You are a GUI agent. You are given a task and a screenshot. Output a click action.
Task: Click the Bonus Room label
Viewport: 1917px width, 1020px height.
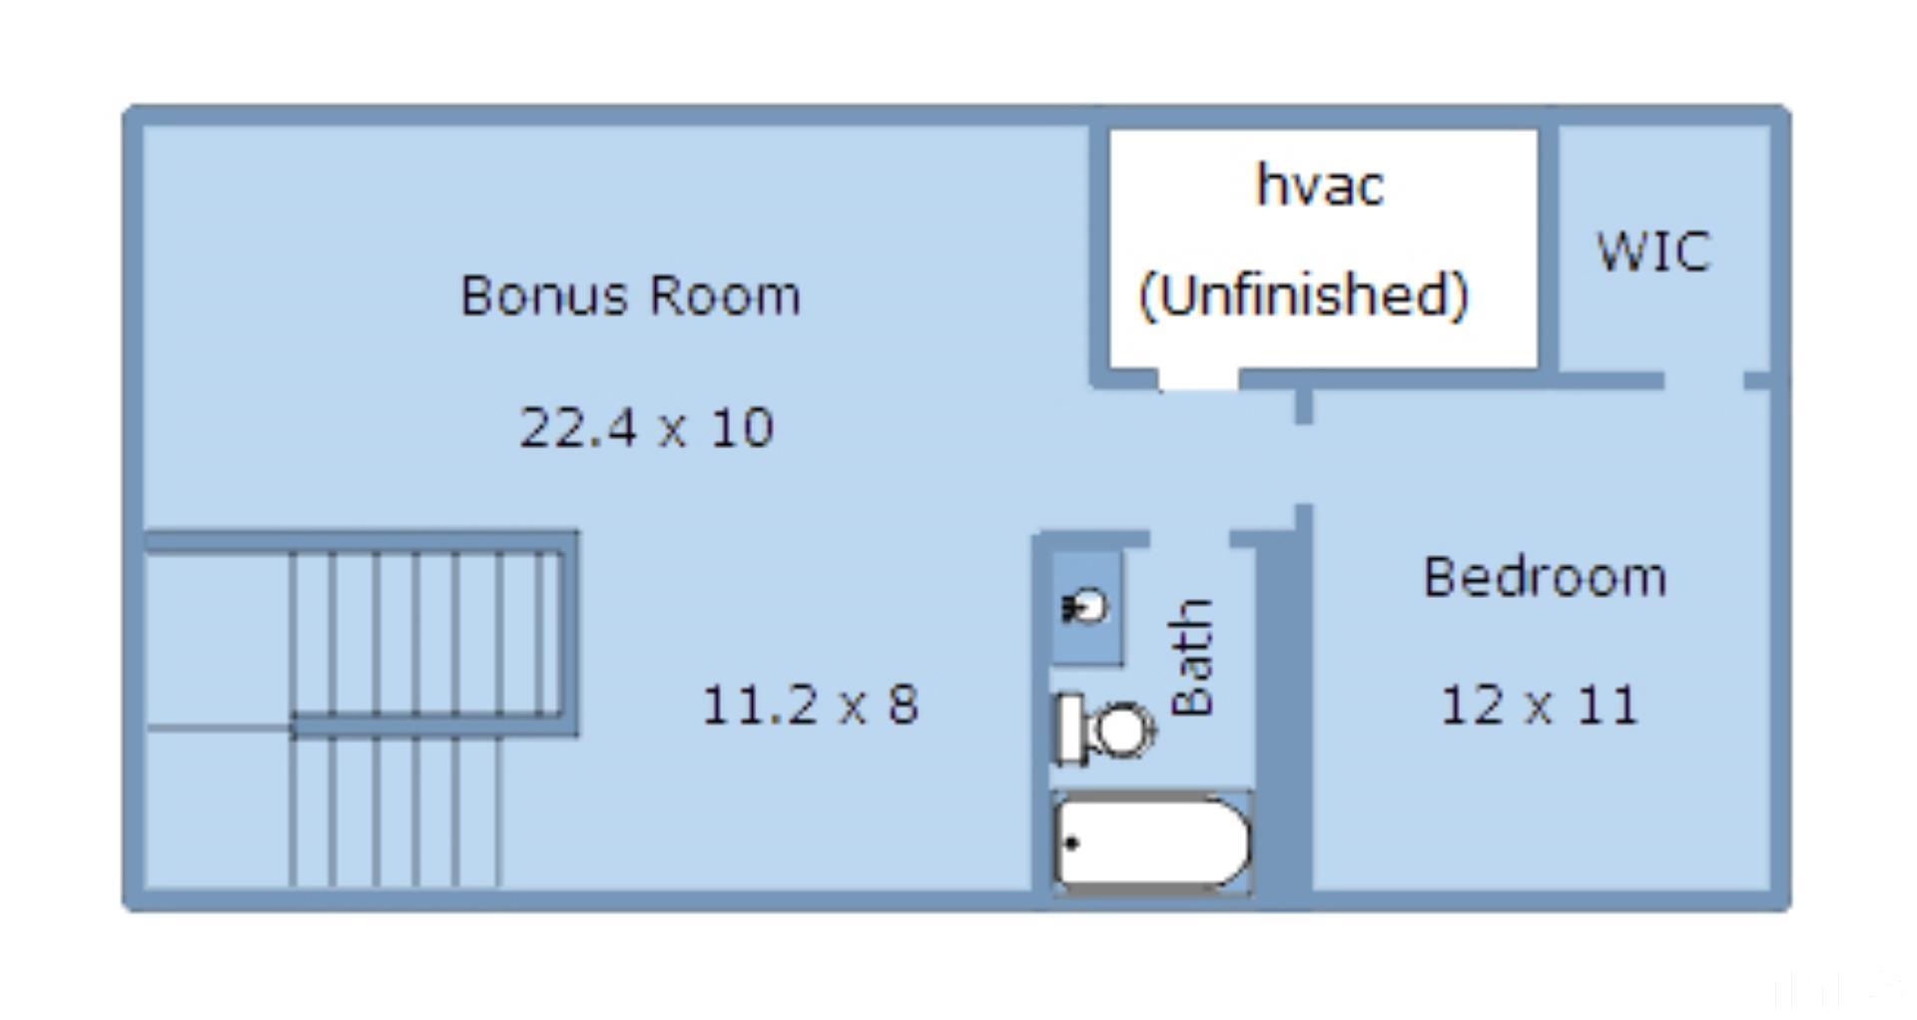630,295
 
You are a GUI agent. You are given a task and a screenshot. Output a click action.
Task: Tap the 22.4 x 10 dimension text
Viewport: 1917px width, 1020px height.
647,427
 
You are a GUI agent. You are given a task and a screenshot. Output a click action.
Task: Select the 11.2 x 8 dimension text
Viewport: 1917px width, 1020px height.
810,705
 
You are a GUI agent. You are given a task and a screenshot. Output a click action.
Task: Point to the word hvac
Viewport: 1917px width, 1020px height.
1320,185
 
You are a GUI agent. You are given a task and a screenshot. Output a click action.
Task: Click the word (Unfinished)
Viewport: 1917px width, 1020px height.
1304,295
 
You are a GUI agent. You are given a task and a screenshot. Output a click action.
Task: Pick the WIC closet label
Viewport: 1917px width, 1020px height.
1654,251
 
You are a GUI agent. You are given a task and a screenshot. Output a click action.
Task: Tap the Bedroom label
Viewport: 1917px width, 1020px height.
1545,577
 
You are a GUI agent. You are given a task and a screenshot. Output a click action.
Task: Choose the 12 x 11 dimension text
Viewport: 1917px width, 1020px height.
1539,705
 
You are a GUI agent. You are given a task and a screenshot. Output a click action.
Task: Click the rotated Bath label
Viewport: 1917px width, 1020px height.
1192,658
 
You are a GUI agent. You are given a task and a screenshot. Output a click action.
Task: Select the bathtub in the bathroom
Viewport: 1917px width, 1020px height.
1152,842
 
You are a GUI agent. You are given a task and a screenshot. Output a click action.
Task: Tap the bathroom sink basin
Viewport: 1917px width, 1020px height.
1086,606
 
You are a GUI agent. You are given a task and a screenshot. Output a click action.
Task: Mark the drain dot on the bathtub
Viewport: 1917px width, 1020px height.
1072,843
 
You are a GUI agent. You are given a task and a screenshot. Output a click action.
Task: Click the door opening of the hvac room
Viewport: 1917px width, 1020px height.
1198,379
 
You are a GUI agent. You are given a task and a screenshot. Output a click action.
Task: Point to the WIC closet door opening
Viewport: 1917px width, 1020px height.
1703,380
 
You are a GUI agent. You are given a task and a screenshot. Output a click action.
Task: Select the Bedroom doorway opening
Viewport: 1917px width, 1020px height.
1303,465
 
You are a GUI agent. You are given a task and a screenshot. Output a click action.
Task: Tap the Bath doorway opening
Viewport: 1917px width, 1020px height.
1189,540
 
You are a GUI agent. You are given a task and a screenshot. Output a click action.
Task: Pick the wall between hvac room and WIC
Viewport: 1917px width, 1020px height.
1548,250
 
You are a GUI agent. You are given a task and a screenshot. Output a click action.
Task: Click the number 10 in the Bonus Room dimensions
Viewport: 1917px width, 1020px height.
742,427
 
